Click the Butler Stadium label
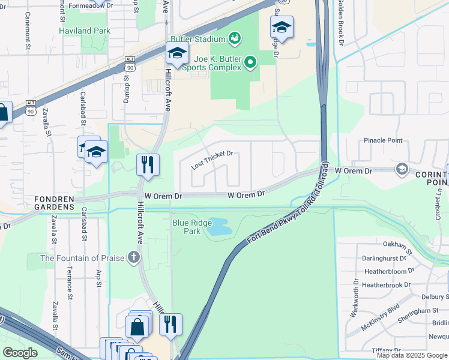click(x=200, y=39)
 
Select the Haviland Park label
click(x=84, y=31)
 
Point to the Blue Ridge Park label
click(x=187, y=227)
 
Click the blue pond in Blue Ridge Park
click(x=218, y=227)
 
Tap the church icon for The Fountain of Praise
click(x=133, y=258)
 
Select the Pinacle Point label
click(x=383, y=140)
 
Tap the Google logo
click(x=20, y=352)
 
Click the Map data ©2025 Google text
click(x=412, y=355)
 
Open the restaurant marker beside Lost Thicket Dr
click(x=147, y=164)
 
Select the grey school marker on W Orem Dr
click(x=401, y=170)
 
